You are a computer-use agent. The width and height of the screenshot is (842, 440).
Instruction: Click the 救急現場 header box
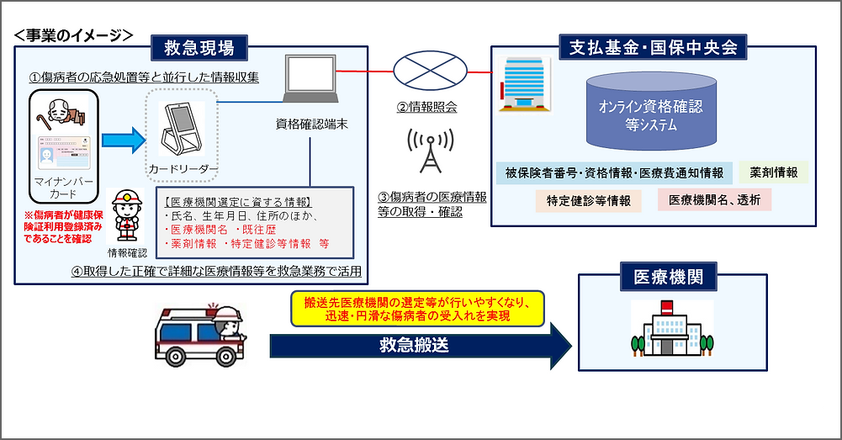click(199, 48)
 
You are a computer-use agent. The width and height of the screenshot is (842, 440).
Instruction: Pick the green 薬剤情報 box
click(774, 172)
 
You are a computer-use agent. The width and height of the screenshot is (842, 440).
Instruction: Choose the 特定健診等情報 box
click(589, 200)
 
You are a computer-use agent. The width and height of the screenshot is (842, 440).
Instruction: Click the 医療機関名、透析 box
click(714, 200)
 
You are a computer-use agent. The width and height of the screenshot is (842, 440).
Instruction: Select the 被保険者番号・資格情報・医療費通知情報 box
click(613, 172)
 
